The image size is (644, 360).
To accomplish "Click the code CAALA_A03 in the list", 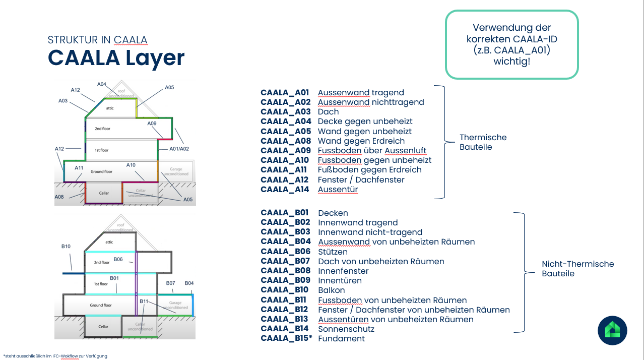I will click(x=285, y=112).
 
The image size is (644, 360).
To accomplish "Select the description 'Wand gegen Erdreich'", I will click(x=361, y=141).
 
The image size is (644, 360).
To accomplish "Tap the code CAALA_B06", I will click(x=285, y=252).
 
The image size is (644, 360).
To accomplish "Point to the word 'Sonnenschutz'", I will click(x=346, y=329).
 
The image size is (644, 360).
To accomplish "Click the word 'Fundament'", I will click(x=341, y=339).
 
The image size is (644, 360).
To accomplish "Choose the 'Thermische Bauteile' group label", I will click(x=483, y=142).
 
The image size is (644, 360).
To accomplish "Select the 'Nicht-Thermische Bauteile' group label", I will click(x=577, y=269).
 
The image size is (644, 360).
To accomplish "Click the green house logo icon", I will click(x=612, y=331).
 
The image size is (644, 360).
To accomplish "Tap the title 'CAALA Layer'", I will click(x=116, y=58).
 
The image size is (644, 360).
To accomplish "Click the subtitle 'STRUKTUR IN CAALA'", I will click(x=97, y=40).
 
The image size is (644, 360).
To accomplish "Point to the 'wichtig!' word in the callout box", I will click(x=511, y=62).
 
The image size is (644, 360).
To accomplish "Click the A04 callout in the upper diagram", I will click(x=102, y=84).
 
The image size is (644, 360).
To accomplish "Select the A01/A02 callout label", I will click(x=179, y=149).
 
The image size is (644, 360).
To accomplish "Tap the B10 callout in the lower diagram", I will click(x=66, y=247).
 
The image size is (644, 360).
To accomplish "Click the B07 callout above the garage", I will click(x=170, y=283).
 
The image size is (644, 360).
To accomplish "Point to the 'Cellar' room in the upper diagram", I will click(x=103, y=192).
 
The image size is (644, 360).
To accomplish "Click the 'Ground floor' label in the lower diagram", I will click(x=100, y=305).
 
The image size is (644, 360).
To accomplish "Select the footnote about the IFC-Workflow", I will click(x=55, y=356).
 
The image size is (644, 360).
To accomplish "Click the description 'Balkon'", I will click(x=331, y=290).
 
